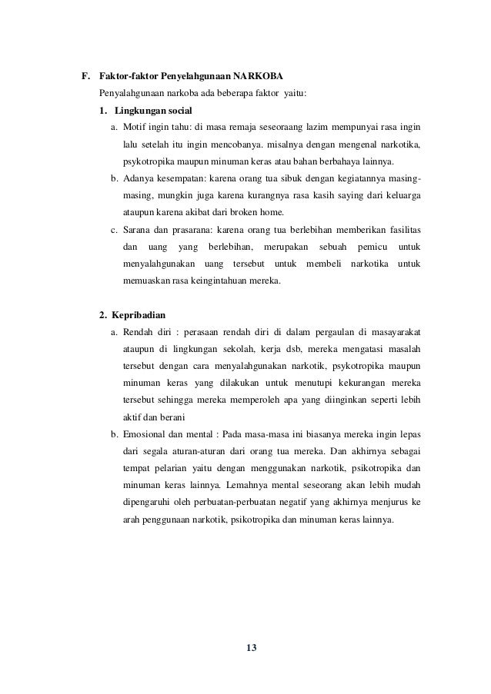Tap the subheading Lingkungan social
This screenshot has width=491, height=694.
pos(153,111)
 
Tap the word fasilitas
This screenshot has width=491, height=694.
pos(400,230)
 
